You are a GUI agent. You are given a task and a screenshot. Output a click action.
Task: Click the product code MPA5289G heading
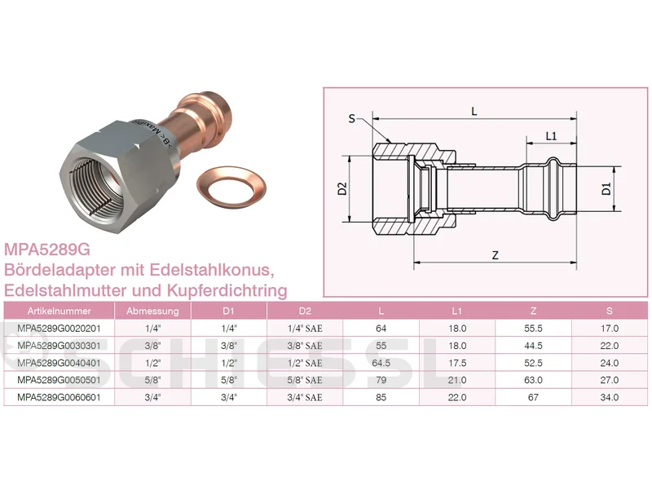(47, 249)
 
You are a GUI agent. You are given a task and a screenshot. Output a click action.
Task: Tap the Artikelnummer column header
(59, 311)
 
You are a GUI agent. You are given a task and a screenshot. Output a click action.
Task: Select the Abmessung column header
(152, 311)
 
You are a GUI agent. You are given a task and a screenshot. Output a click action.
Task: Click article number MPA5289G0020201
(59, 329)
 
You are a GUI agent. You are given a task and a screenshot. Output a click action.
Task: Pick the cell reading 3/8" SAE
(305, 346)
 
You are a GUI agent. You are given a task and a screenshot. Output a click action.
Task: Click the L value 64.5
(381, 363)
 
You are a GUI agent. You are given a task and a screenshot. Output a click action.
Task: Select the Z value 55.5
(533, 329)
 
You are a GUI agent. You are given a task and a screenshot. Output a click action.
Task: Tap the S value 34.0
(609, 397)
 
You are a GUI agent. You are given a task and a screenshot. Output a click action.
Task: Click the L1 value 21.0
(457, 380)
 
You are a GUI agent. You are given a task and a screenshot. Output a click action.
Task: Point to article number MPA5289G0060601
(59, 397)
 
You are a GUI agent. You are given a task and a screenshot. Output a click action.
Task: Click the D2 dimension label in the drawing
(342, 189)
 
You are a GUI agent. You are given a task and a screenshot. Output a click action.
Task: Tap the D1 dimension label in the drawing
(606, 189)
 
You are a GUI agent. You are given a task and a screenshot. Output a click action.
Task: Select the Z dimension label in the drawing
(495, 255)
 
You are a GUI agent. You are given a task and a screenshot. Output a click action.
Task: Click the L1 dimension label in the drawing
(551, 136)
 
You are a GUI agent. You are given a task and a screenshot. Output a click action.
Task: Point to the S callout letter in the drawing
(352, 119)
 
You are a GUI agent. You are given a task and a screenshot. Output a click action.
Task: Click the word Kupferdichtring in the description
(227, 290)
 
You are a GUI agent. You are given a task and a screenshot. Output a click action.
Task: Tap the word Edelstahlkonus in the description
(212, 270)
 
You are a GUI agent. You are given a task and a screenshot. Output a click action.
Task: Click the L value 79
(381, 380)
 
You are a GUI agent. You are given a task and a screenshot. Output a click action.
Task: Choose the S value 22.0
(609, 346)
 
